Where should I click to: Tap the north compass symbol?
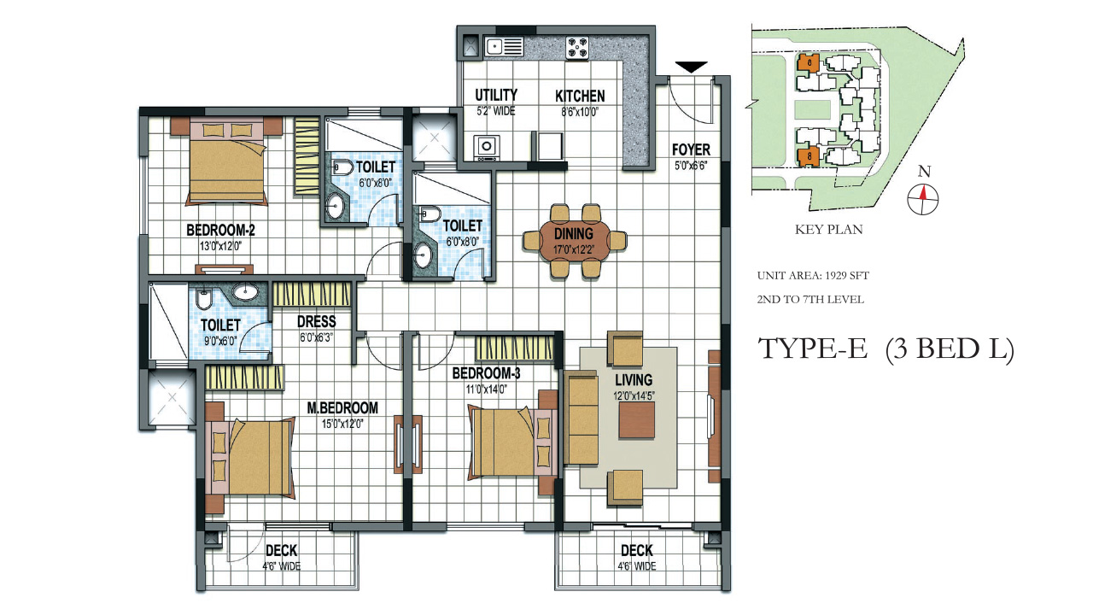923,197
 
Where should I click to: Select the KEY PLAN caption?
828,229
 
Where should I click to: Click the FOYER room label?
691,150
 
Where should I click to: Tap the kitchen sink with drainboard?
504,47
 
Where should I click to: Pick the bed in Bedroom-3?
504,443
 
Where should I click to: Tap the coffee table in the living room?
637,420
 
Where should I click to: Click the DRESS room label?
316,322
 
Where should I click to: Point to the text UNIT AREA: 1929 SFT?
812,276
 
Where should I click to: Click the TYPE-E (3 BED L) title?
886,349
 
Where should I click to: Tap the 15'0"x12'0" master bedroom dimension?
342,422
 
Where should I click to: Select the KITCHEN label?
580,97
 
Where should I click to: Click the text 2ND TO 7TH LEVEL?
810,300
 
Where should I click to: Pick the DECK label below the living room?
637,551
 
